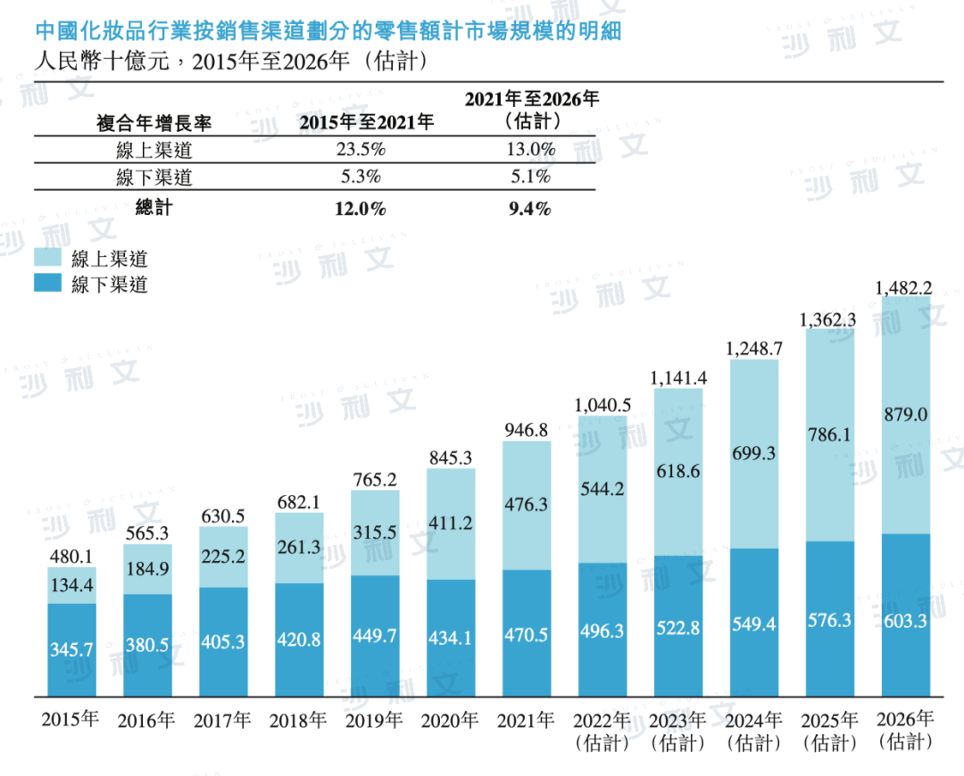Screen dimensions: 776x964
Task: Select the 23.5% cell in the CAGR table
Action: [361, 150]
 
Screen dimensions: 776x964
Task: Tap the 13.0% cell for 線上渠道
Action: [531, 150]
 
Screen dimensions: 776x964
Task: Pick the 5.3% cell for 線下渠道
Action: [361, 177]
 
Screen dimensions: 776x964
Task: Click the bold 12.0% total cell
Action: [361, 209]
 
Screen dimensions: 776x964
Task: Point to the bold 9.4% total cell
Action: [531, 209]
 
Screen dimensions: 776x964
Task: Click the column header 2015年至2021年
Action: [366, 123]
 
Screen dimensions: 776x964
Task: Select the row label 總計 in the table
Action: [154, 209]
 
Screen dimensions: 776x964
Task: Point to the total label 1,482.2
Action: [904, 287]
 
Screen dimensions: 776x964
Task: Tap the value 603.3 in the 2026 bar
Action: [905, 621]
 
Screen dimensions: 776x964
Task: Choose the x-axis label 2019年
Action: [374, 721]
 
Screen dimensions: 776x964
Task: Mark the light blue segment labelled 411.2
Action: [451, 524]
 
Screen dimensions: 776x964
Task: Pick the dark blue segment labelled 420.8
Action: [299, 640]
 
